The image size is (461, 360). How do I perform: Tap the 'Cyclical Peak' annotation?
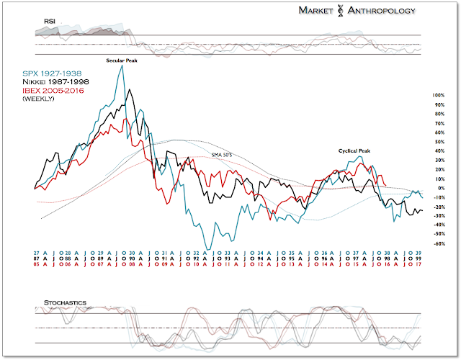354,150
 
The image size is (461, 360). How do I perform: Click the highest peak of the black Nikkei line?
130,90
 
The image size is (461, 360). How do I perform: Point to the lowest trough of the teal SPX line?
209,249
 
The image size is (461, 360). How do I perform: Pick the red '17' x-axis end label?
418,265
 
